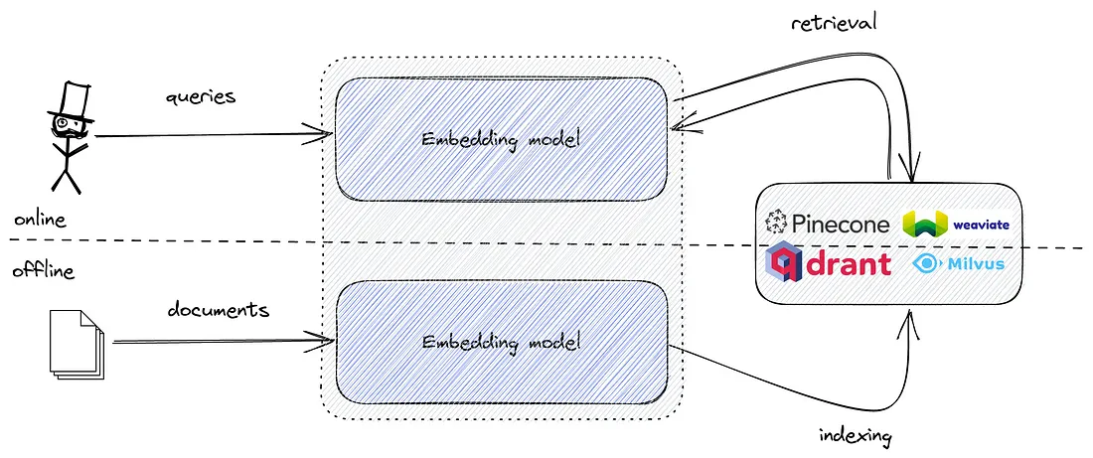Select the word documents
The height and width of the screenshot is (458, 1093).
pyautogui.click(x=219, y=309)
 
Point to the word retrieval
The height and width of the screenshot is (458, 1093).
pyautogui.click(x=833, y=23)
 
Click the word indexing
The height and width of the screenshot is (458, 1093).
pyautogui.click(x=856, y=436)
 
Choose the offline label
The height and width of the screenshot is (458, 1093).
pyautogui.click(x=43, y=270)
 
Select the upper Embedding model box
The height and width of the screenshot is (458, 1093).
pyautogui.click(x=502, y=139)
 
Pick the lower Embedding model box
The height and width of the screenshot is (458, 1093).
pyautogui.click(x=502, y=343)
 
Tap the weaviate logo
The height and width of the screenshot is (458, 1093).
pyautogui.click(x=956, y=224)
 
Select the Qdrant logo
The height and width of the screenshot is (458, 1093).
pyautogui.click(x=828, y=263)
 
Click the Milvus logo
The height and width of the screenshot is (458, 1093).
pyautogui.click(x=959, y=263)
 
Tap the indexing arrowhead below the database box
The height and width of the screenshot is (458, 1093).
pyautogui.click(x=910, y=323)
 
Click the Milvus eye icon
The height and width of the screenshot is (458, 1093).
pyautogui.click(x=926, y=263)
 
